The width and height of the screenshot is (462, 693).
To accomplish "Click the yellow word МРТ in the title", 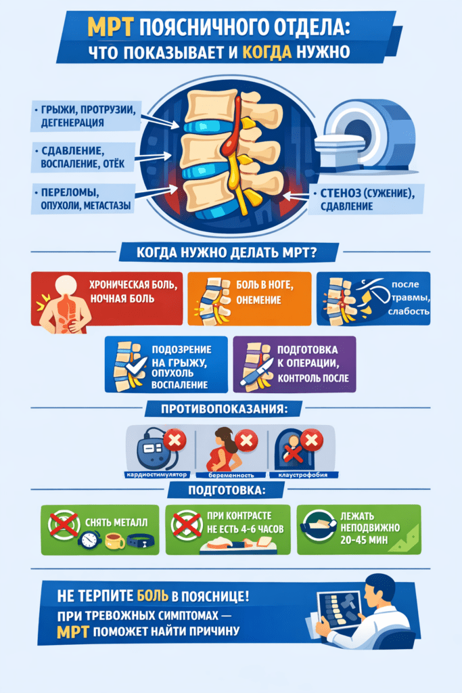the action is coord(110,27).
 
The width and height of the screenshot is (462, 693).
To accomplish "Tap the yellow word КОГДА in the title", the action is coord(267,52).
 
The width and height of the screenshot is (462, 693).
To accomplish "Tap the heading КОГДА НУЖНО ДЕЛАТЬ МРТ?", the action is coord(227,253).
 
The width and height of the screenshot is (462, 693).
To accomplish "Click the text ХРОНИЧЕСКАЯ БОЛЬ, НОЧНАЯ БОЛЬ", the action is coord(133,292).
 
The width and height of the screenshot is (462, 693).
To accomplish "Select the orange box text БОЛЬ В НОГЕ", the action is coord(264,285).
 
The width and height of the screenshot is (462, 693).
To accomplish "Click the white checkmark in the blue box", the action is coord(135,366).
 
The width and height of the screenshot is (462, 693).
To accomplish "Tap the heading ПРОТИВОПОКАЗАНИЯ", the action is coord(224,409).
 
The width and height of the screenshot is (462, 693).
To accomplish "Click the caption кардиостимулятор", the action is coord(157,474).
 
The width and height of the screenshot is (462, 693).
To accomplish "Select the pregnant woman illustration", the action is coord(223,449).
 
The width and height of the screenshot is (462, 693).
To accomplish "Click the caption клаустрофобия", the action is coord(303,474).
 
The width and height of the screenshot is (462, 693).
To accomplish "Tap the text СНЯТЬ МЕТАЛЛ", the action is coord(116,522).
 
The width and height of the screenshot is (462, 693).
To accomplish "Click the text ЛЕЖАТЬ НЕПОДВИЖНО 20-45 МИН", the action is coord(370,528).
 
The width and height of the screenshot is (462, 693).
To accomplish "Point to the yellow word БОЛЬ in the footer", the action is coord(153,596).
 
